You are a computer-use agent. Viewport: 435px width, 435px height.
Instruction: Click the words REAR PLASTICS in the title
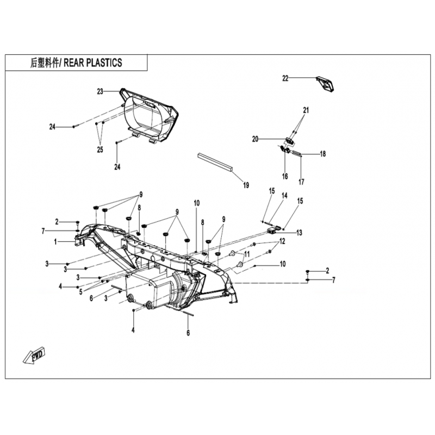click(x=93, y=63)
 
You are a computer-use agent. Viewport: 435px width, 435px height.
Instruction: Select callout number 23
click(x=100, y=91)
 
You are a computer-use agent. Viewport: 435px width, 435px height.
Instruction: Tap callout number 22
click(x=285, y=78)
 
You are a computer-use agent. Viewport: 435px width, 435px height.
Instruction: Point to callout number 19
click(x=246, y=185)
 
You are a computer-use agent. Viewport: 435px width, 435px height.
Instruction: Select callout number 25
click(x=100, y=150)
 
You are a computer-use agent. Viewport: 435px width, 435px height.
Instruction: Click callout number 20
click(x=255, y=139)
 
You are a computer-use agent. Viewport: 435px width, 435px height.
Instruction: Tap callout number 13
click(x=300, y=233)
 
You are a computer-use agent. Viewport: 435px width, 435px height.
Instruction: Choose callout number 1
click(x=55, y=242)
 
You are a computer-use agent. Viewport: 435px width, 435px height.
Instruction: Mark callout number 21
click(x=306, y=110)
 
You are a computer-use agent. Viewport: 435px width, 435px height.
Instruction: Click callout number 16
click(x=285, y=176)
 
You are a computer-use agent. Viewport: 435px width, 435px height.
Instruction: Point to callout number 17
click(x=301, y=182)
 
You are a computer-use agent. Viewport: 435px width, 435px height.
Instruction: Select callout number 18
click(x=323, y=154)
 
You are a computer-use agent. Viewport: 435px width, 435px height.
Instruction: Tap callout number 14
click(x=284, y=196)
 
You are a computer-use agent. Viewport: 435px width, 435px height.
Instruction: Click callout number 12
click(x=282, y=241)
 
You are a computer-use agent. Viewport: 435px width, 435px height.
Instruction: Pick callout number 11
click(x=247, y=254)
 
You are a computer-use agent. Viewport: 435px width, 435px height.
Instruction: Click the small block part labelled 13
click(x=273, y=230)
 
